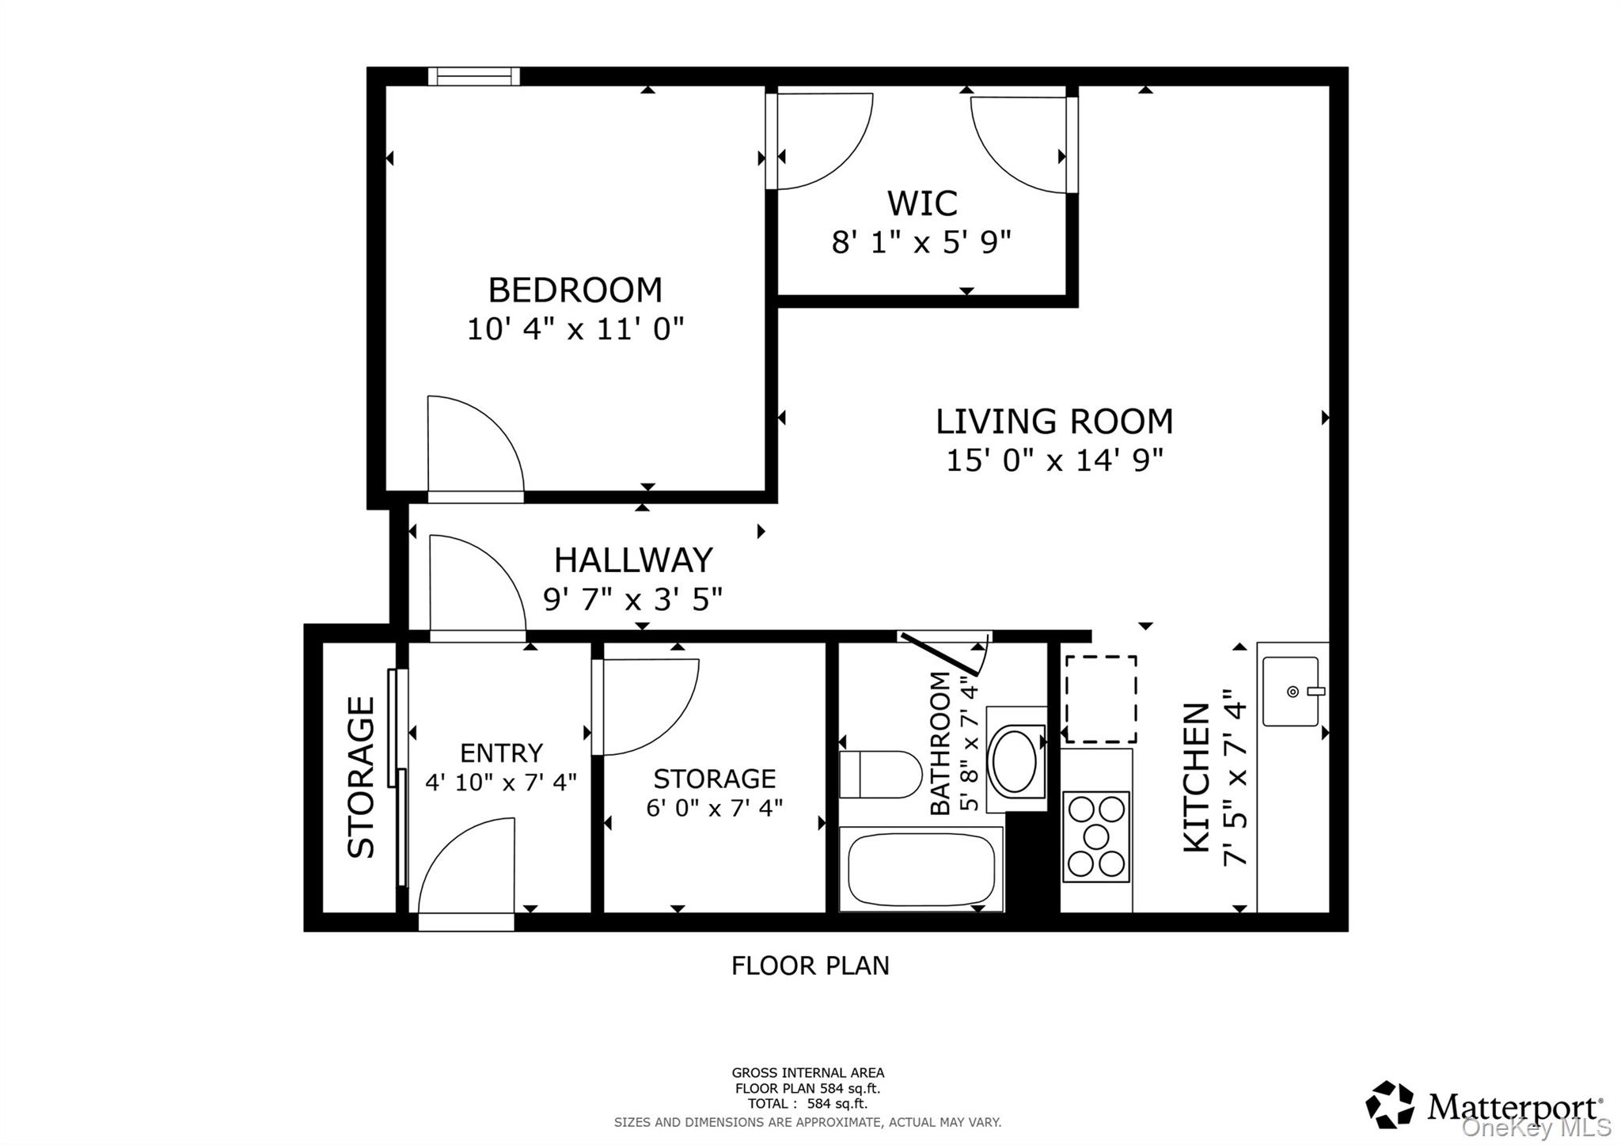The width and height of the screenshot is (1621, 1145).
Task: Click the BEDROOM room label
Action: coord(575,290)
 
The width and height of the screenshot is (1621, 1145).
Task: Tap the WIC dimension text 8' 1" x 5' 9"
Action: coord(921,242)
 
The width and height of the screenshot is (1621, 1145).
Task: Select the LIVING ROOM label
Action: coord(1054,421)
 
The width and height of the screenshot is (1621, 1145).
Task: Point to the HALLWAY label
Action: coord(633,560)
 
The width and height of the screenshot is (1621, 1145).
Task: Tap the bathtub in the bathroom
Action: coord(921,869)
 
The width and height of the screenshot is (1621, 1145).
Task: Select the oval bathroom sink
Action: coord(1014,761)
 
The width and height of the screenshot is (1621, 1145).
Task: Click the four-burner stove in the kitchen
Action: coord(1096,837)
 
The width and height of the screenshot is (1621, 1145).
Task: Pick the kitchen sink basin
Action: coord(1290,691)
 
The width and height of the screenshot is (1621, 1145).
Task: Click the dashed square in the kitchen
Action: coord(1101,699)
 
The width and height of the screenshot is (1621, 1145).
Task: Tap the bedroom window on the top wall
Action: coord(474,76)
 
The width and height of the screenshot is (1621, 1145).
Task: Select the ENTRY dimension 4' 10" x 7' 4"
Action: coord(501,783)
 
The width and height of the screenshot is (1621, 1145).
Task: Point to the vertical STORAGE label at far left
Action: coord(361,777)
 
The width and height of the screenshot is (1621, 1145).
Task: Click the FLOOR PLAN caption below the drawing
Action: coord(810,965)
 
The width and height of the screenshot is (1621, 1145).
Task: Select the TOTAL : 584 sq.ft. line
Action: coord(807,1103)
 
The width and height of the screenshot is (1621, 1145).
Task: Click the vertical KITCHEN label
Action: coord(1196,777)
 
